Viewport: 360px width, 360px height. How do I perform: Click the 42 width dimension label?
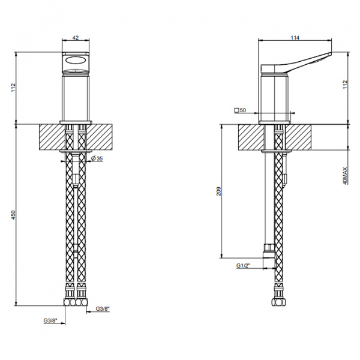(76, 37)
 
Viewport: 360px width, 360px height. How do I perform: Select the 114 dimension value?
(295, 38)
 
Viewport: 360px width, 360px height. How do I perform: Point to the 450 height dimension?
(14, 215)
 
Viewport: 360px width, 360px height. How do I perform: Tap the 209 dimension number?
(219, 191)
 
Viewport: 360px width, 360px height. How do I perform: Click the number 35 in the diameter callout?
(100, 158)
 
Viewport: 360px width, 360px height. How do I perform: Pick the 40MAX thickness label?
(345, 176)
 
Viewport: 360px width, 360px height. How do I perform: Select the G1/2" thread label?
(244, 266)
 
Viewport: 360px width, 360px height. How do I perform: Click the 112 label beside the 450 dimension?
(14, 88)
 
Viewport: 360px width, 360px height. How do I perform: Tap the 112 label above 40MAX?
(346, 85)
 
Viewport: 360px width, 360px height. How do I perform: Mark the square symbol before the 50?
(237, 110)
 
